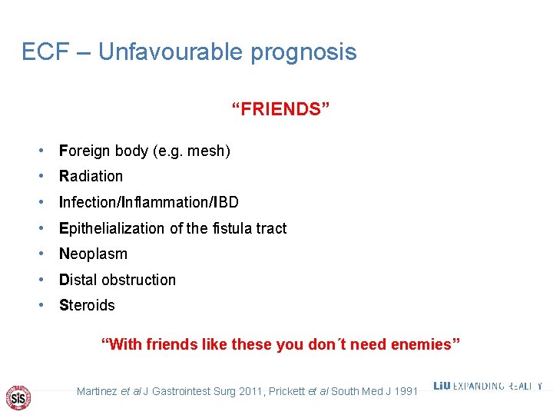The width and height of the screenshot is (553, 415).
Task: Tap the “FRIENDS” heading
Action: pyautogui.click(x=281, y=109)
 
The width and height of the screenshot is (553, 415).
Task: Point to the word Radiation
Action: pyautogui.click(x=91, y=176)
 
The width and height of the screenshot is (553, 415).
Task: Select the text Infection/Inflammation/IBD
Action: pyautogui.click(x=149, y=202)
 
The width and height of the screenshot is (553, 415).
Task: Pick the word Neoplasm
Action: pyautogui.click(x=93, y=254)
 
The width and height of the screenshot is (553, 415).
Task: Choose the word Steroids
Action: pyautogui.click(x=87, y=305)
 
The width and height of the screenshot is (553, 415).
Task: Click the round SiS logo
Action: pyautogui.click(x=18, y=397)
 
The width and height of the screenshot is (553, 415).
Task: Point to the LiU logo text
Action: pyautogui.click(x=442, y=386)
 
